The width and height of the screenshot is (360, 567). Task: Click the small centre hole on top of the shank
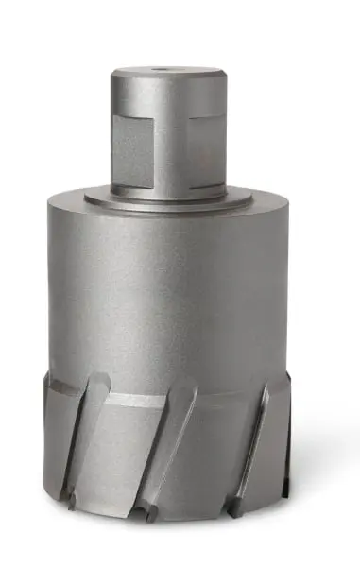coord(166,69)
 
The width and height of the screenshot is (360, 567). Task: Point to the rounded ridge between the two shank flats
coord(167,142)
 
